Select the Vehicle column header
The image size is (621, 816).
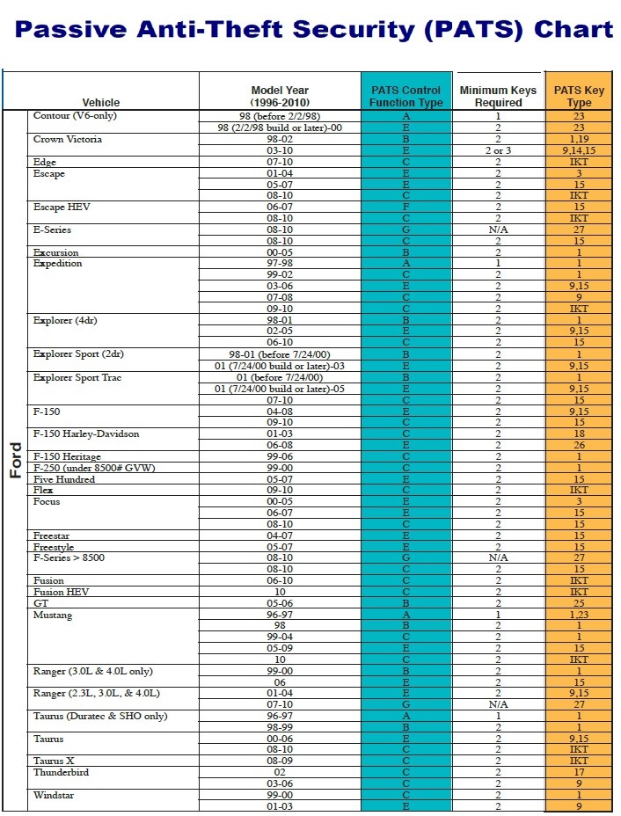click(101, 102)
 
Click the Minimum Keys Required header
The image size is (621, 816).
click(498, 96)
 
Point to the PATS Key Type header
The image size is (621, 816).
click(579, 96)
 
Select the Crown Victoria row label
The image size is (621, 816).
click(68, 139)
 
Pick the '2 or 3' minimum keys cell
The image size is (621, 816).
click(498, 150)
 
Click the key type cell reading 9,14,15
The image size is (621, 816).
click(579, 150)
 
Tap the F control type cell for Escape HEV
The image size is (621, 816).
click(406, 207)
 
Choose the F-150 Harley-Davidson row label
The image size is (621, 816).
click(86, 433)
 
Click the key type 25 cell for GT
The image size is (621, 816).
click(579, 603)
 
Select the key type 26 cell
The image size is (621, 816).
click(579, 445)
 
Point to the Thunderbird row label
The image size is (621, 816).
click(61, 772)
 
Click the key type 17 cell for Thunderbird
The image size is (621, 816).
click(579, 772)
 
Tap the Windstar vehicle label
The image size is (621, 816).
click(55, 794)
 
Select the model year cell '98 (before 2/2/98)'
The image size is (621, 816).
click(280, 116)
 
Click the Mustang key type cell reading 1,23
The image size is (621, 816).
click(579, 615)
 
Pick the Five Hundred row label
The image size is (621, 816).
click(64, 479)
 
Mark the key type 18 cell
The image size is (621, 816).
click(579, 433)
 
